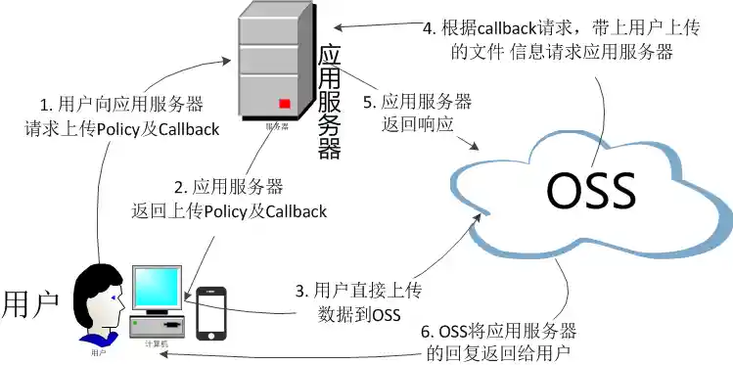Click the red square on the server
tap(285, 103)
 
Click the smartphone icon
tap(211, 312)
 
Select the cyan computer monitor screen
tap(157, 287)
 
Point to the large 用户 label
tap(31, 303)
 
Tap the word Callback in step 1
tap(185, 129)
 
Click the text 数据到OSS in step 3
tap(359, 313)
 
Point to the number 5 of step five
tap(368, 102)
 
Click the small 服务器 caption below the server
tap(277, 126)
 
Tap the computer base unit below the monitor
tap(159, 323)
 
